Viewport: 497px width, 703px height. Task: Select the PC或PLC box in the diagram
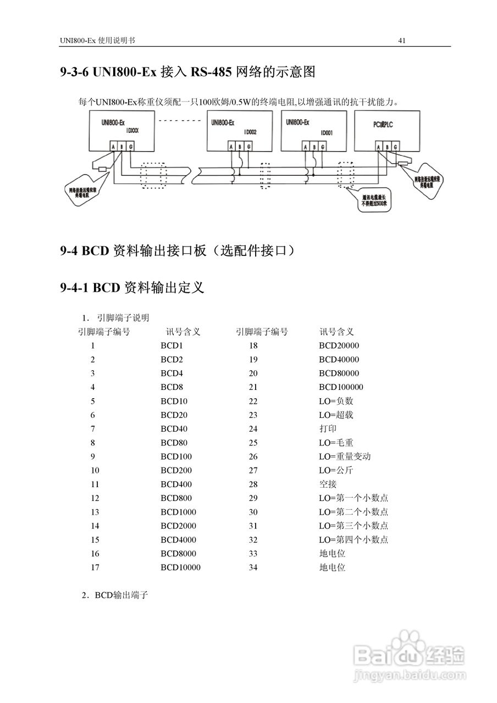click(386, 130)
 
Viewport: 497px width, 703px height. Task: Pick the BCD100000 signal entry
click(341, 387)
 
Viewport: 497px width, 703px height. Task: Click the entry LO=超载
click(336, 415)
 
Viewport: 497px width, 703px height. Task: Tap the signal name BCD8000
click(178, 554)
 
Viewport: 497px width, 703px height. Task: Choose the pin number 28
click(253, 484)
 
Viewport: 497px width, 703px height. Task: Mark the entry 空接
click(328, 484)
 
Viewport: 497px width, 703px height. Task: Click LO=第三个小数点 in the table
click(354, 526)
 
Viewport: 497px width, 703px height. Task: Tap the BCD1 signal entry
click(172, 346)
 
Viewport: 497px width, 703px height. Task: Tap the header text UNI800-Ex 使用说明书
click(97, 41)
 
